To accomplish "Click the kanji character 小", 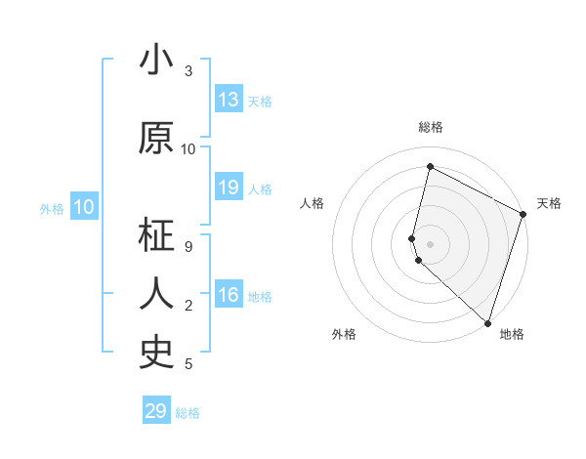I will [156, 62].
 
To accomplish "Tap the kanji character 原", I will [156, 139].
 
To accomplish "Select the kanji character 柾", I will [156, 236].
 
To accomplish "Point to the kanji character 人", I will [156, 293].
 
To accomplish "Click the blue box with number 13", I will [229, 100].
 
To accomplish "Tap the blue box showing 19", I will [229, 188].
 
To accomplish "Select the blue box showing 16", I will [229, 296].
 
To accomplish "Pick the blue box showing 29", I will [156, 411].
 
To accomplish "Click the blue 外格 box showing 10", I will [84, 207].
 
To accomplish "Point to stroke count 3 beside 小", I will [188, 70].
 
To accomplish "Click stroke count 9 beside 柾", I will [188, 247].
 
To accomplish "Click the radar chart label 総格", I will [430, 127].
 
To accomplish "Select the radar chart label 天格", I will [549, 203].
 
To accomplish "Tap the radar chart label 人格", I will [312, 203].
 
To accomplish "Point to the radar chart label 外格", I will [344, 334].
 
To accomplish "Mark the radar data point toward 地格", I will [486, 322].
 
